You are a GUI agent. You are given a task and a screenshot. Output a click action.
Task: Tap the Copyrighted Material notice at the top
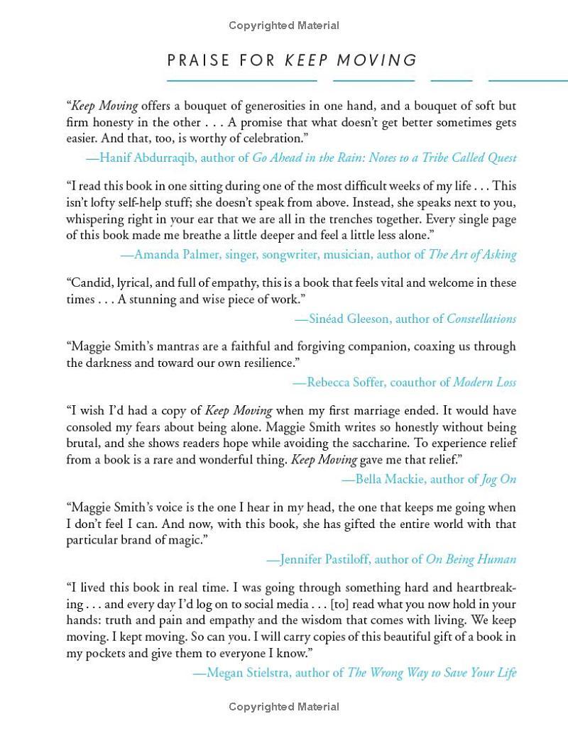point(284,26)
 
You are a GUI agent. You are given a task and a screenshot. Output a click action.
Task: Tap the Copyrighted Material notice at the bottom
point(284,707)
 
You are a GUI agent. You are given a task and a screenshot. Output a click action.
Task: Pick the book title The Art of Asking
point(473,254)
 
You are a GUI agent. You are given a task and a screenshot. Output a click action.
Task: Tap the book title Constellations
point(481,319)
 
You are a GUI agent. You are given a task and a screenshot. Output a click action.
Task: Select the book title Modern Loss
point(484,382)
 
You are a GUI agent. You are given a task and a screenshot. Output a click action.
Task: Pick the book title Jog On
point(498,479)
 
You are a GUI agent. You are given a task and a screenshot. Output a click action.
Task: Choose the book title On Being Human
point(471,559)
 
